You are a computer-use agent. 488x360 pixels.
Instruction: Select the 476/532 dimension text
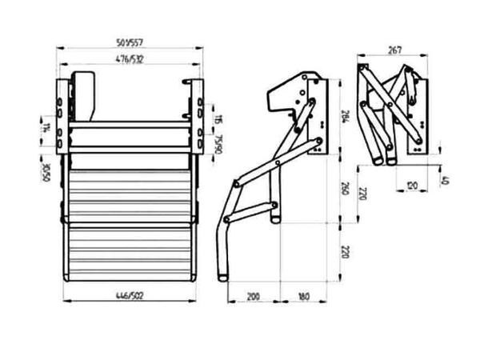[x=129, y=60]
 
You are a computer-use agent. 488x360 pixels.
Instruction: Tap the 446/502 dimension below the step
[x=129, y=295]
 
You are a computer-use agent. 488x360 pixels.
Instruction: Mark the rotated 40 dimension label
[x=446, y=181]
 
